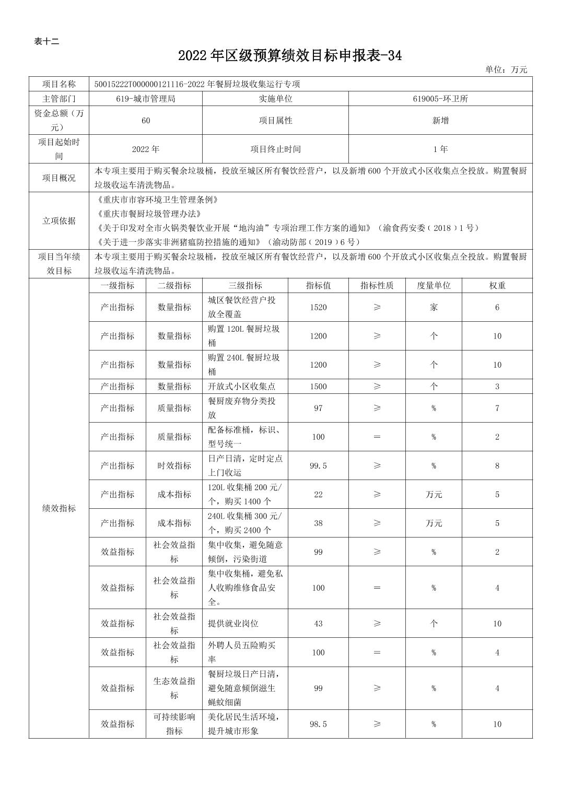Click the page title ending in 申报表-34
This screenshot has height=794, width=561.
pyautogui.click(x=290, y=56)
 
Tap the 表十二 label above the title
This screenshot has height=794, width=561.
pyautogui.click(x=46, y=42)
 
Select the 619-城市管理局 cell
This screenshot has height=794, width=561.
pyautogui.click(x=146, y=98)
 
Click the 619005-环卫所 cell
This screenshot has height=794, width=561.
pyautogui.click(x=440, y=98)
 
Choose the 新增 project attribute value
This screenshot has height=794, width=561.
pyautogui.click(x=440, y=120)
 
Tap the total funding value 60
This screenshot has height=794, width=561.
pyautogui.click(x=146, y=120)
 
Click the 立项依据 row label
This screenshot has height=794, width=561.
pyautogui.click(x=59, y=220)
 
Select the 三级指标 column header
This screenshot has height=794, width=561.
pyautogui.click(x=245, y=285)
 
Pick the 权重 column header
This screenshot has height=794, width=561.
pyautogui.click(x=497, y=285)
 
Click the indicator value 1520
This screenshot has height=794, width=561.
pyautogui.click(x=318, y=307)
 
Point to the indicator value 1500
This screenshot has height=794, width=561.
pyautogui.click(x=318, y=387)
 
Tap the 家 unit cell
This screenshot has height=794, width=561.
pyautogui.click(x=434, y=307)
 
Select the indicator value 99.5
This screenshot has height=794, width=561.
pyautogui.click(x=318, y=465)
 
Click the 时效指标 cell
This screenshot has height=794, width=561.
pyautogui.click(x=174, y=465)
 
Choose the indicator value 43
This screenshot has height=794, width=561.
pyautogui.click(x=318, y=623)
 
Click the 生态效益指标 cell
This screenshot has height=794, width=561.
pyautogui.click(x=174, y=688)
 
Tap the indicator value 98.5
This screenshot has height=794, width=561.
pyautogui.click(x=318, y=724)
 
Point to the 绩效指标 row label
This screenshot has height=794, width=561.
pyautogui.click(x=59, y=508)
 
